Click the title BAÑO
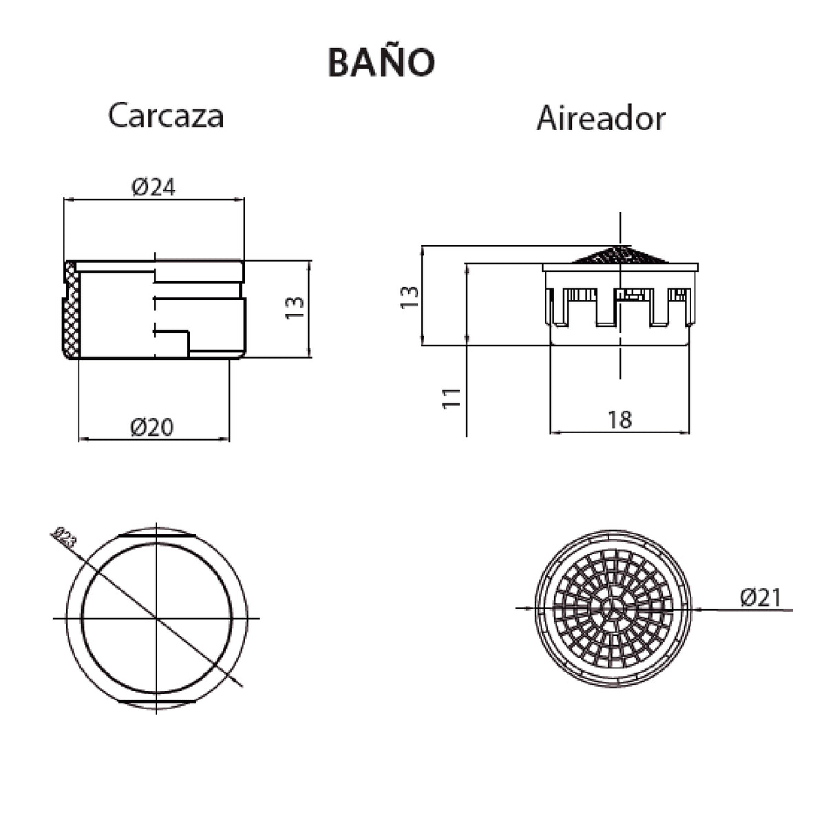(x=381, y=63)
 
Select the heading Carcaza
(x=166, y=116)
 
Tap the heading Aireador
(x=600, y=118)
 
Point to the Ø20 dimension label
(x=152, y=427)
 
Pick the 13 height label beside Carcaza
(x=294, y=307)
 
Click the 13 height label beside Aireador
(x=409, y=295)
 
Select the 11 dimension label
(x=451, y=397)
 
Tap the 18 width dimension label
(x=619, y=419)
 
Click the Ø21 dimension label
(x=761, y=597)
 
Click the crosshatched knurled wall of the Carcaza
(x=71, y=310)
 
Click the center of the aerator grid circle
(x=613, y=608)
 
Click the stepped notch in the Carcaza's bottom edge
(x=188, y=342)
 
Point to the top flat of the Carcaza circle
(x=158, y=534)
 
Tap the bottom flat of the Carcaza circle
(x=158, y=701)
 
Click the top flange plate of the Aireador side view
(x=620, y=266)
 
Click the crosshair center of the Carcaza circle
(x=158, y=619)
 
